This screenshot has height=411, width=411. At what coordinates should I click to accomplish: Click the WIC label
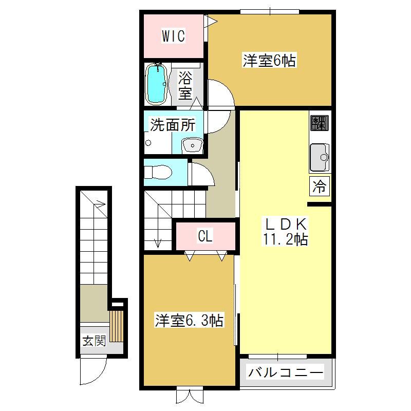(173, 36)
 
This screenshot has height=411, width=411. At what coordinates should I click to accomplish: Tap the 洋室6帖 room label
(269, 61)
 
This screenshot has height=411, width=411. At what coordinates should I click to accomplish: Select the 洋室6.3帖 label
(189, 320)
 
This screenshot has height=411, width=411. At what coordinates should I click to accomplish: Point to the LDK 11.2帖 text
(286, 232)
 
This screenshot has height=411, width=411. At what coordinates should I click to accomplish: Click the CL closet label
(205, 236)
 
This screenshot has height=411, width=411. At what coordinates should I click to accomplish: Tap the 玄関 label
(95, 341)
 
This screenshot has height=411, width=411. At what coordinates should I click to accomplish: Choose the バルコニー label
(286, 372)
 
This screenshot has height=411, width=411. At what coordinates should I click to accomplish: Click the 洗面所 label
(173, 125)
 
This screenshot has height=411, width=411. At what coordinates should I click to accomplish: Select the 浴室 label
(185, 85)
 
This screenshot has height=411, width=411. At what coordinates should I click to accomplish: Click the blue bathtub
(157, 84)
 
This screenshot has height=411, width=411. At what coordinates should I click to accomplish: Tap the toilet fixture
(158, 172)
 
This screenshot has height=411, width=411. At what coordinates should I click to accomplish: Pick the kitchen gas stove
(320, 123)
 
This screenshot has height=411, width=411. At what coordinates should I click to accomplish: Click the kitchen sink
(320, 157)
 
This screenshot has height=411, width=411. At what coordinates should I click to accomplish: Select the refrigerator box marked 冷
(320, 186)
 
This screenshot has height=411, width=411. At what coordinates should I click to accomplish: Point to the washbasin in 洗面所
(192, 145)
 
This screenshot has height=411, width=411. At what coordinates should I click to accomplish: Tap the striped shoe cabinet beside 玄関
(116, 326)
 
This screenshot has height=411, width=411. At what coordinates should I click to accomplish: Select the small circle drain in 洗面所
(148, 143)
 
